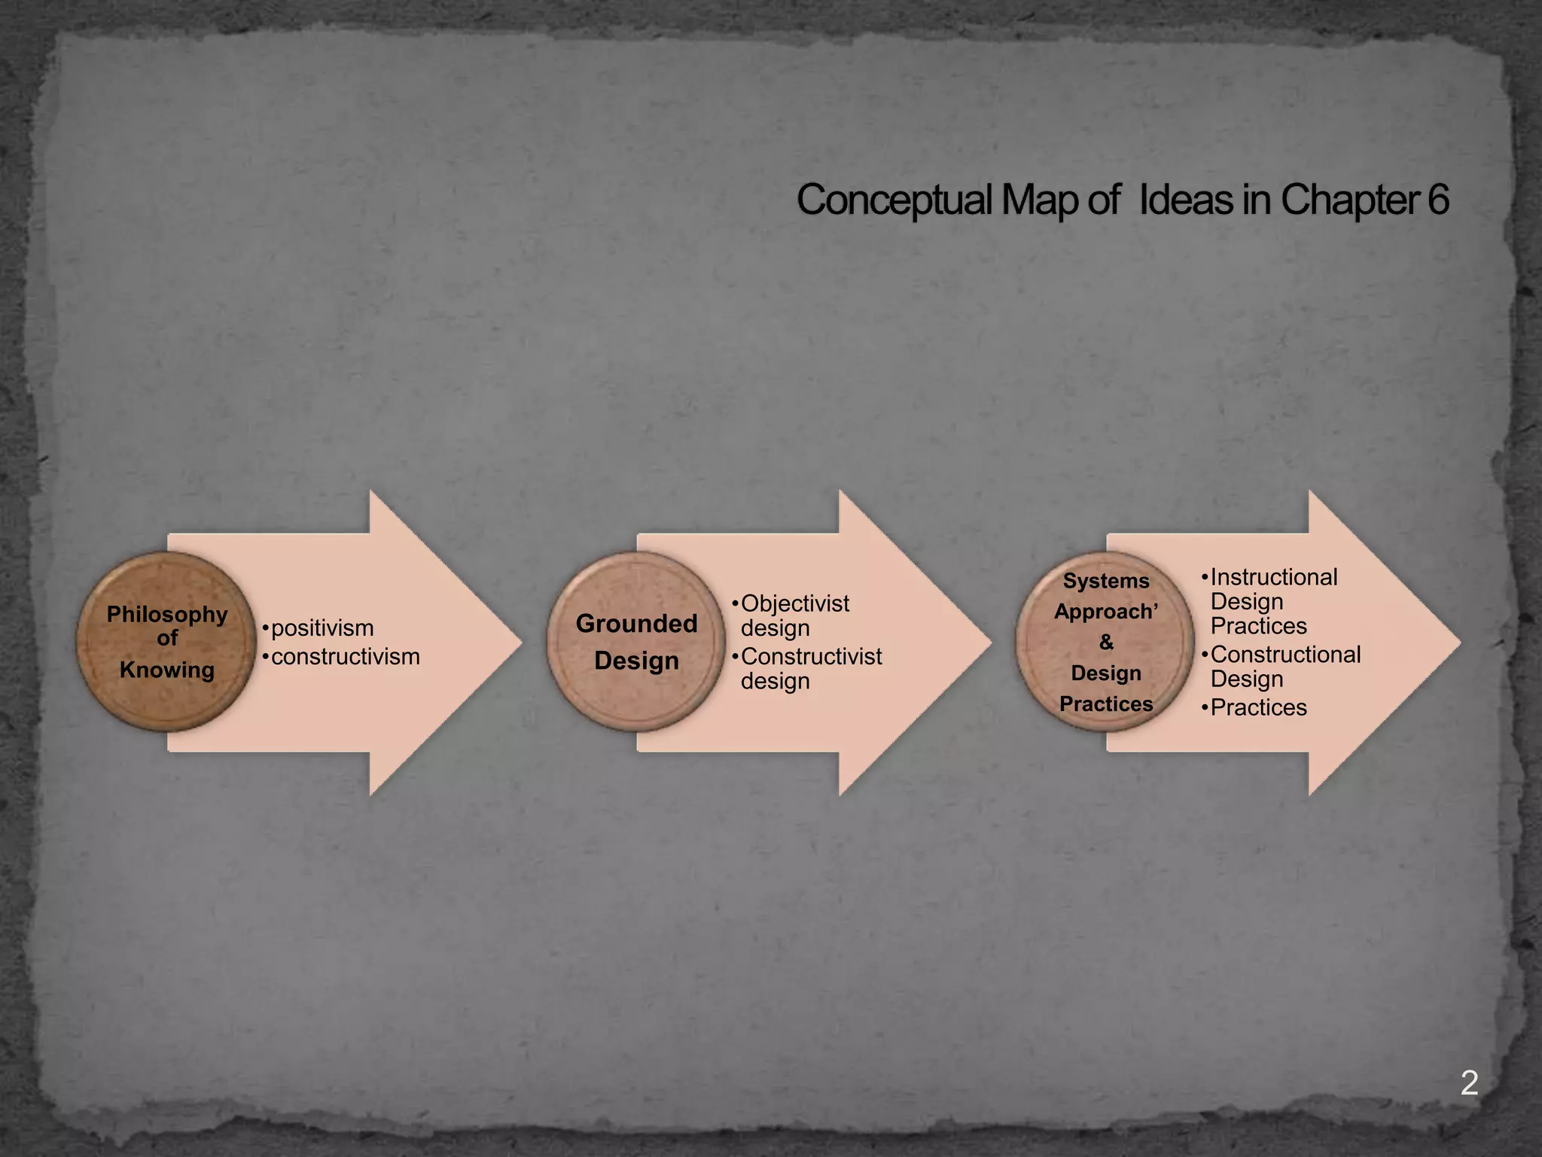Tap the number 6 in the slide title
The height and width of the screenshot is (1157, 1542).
coord(1437,200)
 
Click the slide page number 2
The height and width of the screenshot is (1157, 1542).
coord(1469,1083)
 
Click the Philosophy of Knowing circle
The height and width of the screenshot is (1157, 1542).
coord(166,642)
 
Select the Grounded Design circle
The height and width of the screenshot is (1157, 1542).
coord(636,642)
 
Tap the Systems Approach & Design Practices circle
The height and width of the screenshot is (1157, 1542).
coord(1105,642)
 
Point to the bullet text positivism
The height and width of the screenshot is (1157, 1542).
coord(322,628)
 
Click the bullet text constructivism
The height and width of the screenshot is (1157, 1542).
coord(345,657)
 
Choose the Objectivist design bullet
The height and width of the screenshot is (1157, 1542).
coord(794,615)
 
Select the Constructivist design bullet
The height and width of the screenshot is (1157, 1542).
coord(810,668)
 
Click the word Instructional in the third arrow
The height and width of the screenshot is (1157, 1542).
coord(1273,577)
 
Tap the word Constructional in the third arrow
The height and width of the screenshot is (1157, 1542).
coord(1284,655)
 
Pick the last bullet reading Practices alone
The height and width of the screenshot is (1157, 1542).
coord(1258,707)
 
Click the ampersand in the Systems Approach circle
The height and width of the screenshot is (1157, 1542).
coord(1106,643)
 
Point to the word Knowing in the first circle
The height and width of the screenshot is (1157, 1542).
coord(166,670)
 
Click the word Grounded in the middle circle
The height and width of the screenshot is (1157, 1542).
coord(636,624)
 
